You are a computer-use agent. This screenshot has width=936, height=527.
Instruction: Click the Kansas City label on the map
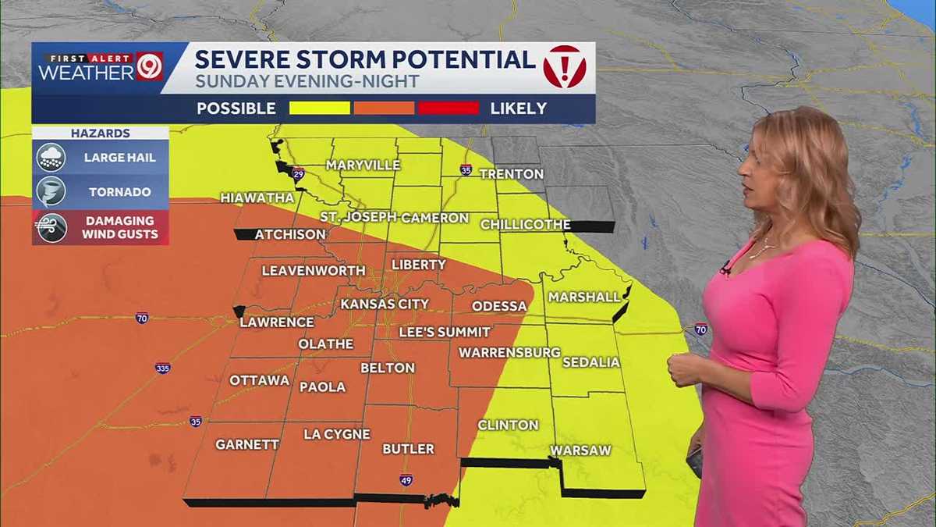(x=385, y=304)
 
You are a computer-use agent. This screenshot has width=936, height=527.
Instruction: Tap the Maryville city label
(x=363, y=166)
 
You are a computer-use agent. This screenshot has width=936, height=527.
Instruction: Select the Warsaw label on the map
(x=580, y=450)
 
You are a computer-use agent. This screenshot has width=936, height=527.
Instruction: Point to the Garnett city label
(x=247, y=444)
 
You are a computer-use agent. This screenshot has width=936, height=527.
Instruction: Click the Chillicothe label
(x=525, y=225)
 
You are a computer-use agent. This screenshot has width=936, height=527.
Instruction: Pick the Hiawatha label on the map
(x=257, y=198)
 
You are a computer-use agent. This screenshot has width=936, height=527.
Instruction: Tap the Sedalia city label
(x=591, y=362)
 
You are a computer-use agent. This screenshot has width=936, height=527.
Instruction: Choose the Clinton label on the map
(x=508, y=425)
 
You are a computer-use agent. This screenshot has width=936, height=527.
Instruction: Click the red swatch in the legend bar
(x=448, y=108)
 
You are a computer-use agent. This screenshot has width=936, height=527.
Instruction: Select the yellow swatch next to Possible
(x=320, y=108)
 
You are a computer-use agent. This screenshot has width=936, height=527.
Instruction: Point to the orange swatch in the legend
(x=384, y=108)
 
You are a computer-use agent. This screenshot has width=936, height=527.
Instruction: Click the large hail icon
(x=51, y=158)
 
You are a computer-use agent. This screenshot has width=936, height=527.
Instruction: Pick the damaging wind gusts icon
(x=51, y=227)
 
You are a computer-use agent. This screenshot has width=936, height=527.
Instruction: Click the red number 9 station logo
(x=149, y=66)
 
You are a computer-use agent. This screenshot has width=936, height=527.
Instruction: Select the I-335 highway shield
(x=162, y=368)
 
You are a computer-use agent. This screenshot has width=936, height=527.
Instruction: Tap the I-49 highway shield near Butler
(x=406, y=479)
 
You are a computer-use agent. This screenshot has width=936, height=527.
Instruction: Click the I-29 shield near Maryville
(x=297, y=174)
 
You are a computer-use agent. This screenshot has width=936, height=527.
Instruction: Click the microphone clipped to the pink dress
(x=725, y=269)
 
